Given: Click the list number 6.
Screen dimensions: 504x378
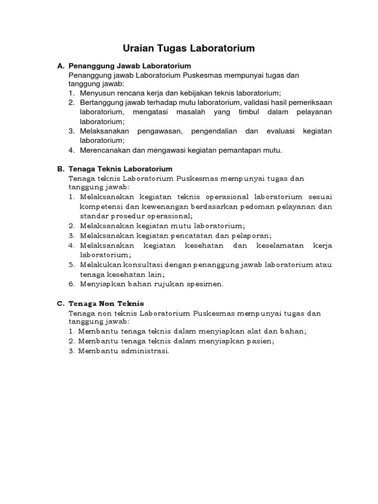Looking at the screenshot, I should point(71,283).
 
